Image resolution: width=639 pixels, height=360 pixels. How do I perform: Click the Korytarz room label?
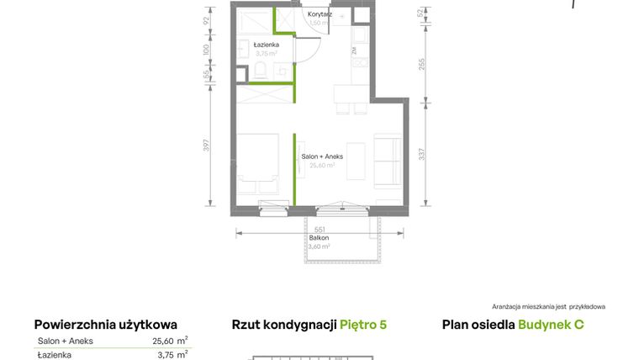[x=319, y=14]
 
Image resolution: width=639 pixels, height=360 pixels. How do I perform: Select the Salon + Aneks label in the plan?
[x=319, y=156]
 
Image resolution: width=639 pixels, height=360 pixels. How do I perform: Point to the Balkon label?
[x=319, y=238]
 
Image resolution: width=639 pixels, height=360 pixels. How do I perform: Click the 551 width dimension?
[x=319, y=229]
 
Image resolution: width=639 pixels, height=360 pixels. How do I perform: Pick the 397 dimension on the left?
[x=207, y=145]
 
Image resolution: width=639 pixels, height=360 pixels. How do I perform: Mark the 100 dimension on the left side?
[x=207, y=50]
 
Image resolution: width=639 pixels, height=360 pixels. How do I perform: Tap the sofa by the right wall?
[x=388, y=161]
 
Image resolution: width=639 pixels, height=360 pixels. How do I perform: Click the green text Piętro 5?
[x=363, y=325]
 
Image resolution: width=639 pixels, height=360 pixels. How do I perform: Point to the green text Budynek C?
[x=551, y=325]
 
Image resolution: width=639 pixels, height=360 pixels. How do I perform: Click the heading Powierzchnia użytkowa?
[x=106, y=325]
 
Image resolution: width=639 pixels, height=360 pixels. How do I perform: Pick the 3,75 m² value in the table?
[x=171, y=355]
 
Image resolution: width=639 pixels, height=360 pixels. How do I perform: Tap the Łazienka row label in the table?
[x=55, y=355]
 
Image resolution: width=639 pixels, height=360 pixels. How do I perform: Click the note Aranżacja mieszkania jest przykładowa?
[x=548, y=307]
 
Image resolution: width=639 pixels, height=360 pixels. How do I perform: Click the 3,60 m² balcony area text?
[x=319, y=246]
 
